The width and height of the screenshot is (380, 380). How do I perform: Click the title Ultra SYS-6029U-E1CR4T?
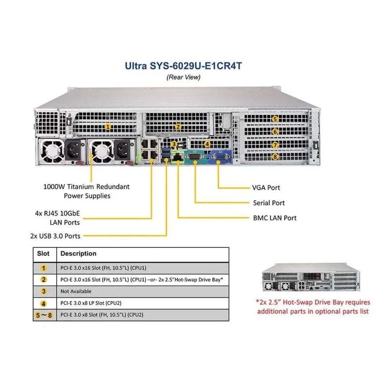pyautogui.click(x=183, y=65)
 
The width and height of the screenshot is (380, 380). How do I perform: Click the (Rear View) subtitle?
pyautogui.click(x=183, y=77)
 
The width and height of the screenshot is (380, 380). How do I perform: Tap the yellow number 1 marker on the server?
pyautogui.click(x=107, y=127)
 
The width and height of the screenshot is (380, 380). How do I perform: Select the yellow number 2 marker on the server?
pyautogui.click(x=178, y=127)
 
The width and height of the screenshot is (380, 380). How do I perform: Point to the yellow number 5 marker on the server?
pyautogui.click(x=275, y=119)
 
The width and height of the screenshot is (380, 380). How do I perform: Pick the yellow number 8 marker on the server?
pyautogui.click(x=275, y=157)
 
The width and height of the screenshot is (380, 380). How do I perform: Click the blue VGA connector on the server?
pyautogui.click(x=218, y=157)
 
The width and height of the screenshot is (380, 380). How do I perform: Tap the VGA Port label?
pyautogui.click(x=266, y=188)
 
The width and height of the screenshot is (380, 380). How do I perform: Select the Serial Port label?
pyautogui.click(x=269, y=203)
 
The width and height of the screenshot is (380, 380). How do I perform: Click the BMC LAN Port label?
pyautogui.click(x=275, y=218)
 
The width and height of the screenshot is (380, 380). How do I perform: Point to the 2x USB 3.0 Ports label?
pyautogui.click(x=55, y=236)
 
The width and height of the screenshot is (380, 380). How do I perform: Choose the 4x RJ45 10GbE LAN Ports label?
pyautogui.click(x=57, y=218)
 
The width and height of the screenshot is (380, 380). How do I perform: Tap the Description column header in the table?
pyautogui.click(x=78, y=254)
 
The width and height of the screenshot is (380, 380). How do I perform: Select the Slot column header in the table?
pyautogui.click(x=44, y=254)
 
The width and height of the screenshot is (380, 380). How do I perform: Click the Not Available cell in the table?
pyautogui.click(x=76, y=291)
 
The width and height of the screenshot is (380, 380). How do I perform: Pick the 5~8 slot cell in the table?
pyautogui.click(x=44, y=315)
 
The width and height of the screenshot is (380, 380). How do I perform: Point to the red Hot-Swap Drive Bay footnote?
pyautogui.click(x=313, y=307)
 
